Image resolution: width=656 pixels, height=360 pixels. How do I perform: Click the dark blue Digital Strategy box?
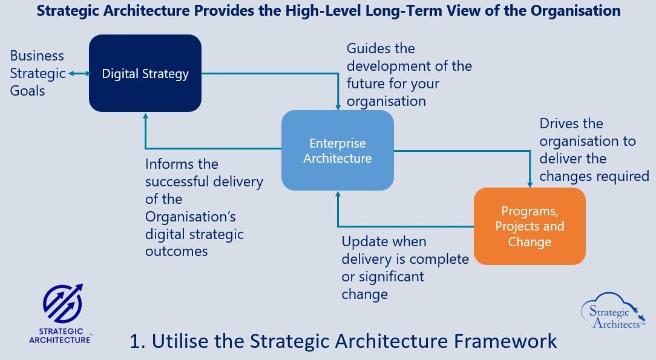[145, 73]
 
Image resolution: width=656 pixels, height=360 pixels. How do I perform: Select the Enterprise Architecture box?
[338, 151]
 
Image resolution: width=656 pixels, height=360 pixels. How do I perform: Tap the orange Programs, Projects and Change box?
[530, 226]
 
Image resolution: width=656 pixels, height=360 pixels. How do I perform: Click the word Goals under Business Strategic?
[28, 91]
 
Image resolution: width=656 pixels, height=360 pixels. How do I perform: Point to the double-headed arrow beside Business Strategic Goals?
[79, 74]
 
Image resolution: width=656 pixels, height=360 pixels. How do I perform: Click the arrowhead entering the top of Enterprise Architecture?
[338, 108]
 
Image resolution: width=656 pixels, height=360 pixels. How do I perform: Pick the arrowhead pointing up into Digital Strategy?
[146, 116]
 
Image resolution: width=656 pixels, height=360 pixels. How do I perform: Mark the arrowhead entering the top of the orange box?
[530, 185]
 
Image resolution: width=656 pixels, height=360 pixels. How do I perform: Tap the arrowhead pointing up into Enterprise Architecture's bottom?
[338, 194]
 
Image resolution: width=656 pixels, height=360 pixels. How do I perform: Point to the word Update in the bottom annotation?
[361, 242]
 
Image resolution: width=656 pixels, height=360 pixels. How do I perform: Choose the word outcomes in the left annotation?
[177, 251]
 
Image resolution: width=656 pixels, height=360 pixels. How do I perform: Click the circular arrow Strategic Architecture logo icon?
[63, 303]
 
